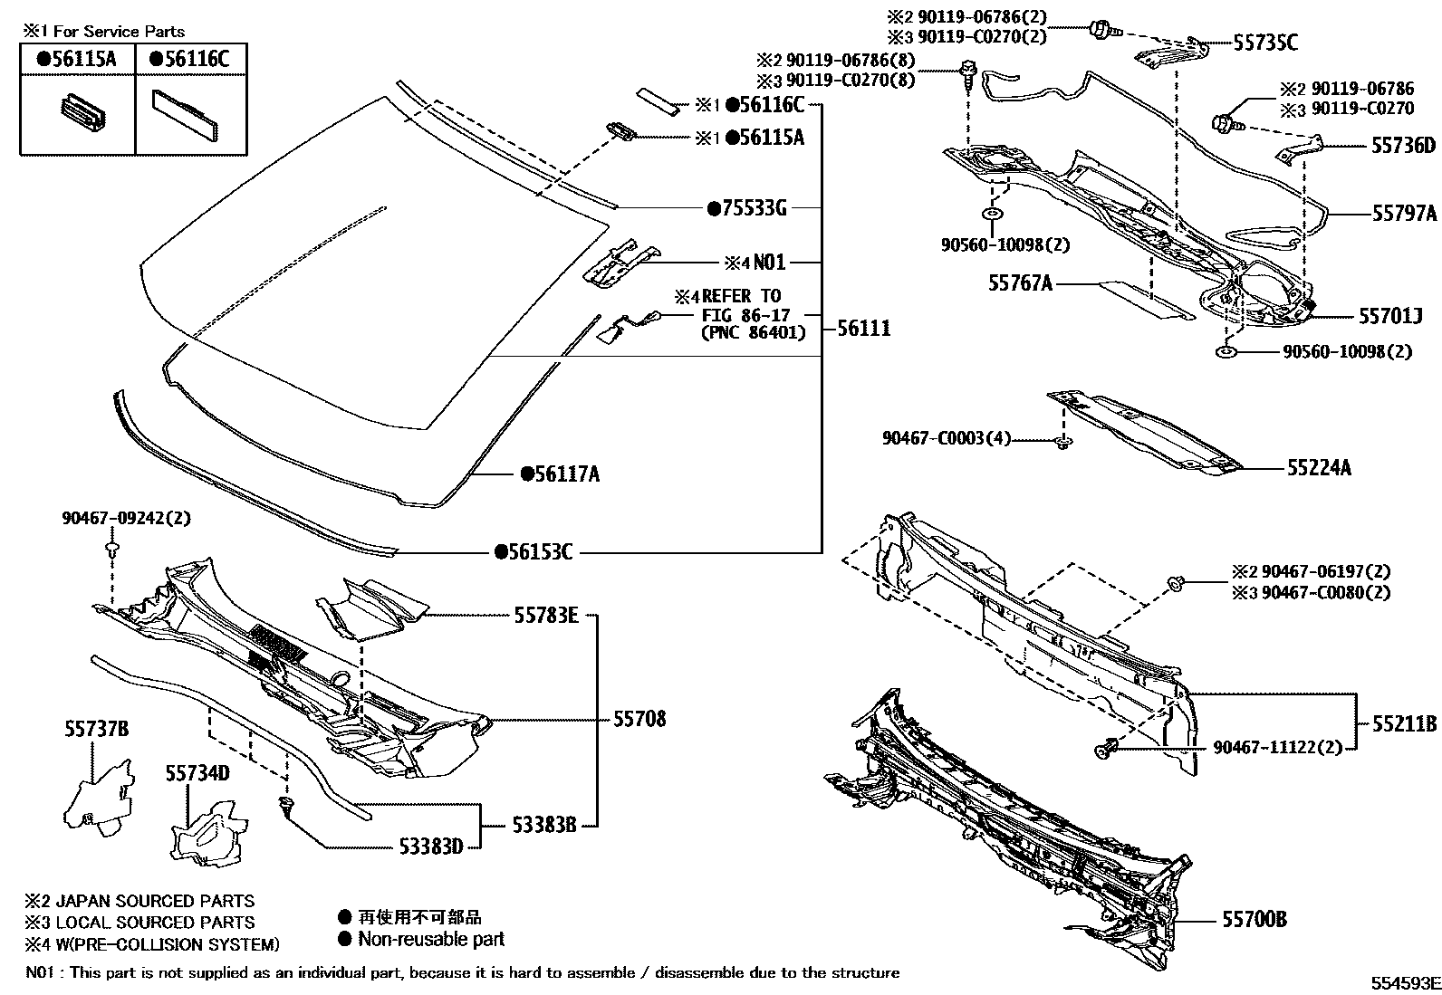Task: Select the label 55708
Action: (639, 719)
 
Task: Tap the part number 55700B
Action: (1254, 920)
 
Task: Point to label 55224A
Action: (1319, 468)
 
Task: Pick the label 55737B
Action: (96, 729)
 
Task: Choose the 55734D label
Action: (197, 772)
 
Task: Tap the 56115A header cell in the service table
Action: (77, 59)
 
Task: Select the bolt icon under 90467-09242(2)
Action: (112, 549)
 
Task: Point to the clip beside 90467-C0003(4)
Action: (1065, 443)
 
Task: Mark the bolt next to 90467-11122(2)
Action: (1105, 748)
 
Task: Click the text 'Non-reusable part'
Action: (430, 939)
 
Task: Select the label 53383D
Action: (431, 847)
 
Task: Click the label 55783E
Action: (545, 616)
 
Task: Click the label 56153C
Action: (534, 551)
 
